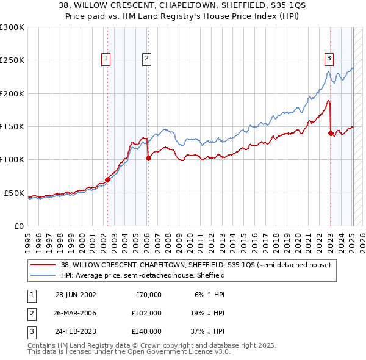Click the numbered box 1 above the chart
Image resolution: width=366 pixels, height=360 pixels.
pos(106,59)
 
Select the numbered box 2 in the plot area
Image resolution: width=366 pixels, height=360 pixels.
pos(147,59)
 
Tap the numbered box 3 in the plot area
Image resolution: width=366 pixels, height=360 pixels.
pos(329,59)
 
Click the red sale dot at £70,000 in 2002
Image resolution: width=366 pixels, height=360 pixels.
pos(108,179)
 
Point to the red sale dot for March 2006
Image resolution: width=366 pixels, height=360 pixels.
pos(148,158)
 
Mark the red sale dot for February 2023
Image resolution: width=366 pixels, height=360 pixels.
pos(331,133)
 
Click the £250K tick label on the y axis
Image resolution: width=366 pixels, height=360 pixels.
pos(12,60)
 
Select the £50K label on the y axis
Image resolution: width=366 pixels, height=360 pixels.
pos(13,193)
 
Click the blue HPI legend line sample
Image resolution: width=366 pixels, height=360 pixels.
pos(43,275)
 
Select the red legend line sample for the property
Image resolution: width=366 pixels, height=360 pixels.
pos(43,265)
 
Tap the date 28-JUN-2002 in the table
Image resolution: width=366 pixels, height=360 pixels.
pos(76,295)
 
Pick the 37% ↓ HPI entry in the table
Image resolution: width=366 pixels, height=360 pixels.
pos(206,331)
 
